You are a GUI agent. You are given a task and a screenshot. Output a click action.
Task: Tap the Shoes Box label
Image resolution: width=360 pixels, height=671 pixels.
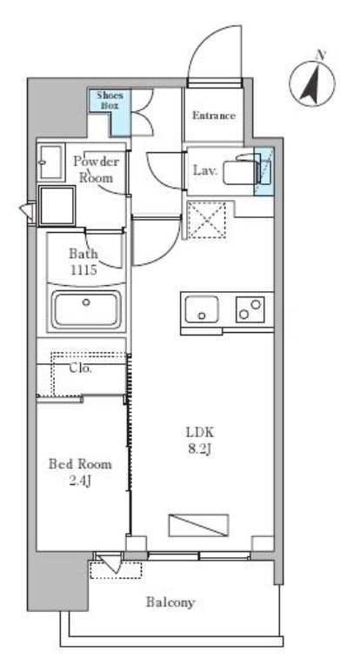[x=110, y=100]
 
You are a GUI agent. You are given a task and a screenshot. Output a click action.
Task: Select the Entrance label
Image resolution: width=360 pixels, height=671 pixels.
[x=214, y=116]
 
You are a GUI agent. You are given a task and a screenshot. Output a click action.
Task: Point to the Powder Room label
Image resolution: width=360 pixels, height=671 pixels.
[x=96, y=169]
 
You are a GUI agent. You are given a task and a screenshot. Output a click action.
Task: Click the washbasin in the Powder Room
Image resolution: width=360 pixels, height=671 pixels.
[x=51, y=163]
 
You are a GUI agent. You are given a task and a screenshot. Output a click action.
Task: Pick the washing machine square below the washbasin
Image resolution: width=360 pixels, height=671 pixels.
[x=57, y=205]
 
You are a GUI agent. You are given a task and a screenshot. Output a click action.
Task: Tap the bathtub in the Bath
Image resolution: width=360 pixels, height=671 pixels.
[x=86, y=309]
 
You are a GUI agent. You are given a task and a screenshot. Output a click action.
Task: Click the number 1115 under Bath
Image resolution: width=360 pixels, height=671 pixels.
[x=83, y=270]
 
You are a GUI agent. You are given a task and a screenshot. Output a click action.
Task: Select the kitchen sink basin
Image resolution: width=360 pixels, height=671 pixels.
[x=202, y=309]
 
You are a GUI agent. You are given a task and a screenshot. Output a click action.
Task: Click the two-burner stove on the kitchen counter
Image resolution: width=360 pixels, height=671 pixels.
[x=250, y=309]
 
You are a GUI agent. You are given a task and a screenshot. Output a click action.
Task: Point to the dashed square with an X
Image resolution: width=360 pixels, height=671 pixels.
[x=207, y=220]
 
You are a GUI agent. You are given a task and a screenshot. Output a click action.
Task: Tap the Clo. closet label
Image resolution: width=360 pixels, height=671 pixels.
[x=81, y=368]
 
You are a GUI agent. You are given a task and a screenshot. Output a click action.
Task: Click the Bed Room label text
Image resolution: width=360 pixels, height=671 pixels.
[x=80, y=464]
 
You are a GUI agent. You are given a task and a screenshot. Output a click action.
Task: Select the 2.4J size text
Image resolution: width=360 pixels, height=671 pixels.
[x=80, y=482]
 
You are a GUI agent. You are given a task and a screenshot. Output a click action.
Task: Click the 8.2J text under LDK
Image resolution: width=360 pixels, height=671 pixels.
[x=199, y=449]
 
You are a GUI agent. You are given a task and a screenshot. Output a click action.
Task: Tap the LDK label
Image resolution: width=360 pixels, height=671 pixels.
[x=200, y=432]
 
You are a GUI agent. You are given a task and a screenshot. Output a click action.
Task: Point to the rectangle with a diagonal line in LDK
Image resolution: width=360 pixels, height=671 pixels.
[x=198, y=525]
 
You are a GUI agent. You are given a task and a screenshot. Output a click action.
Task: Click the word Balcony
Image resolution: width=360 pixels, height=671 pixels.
[x=170, y=602]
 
